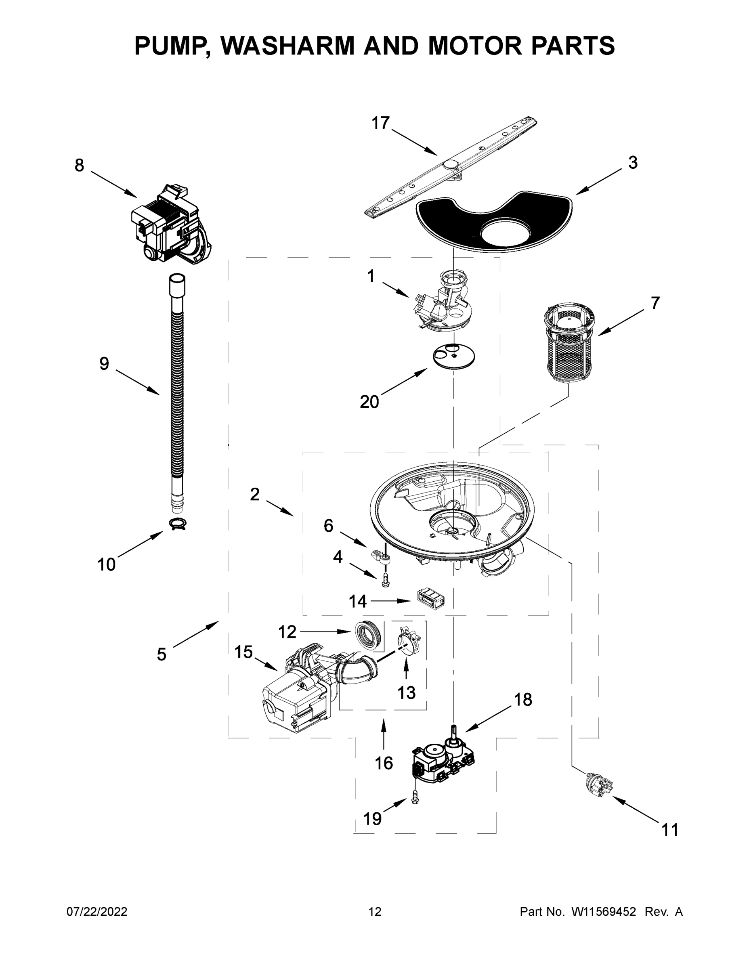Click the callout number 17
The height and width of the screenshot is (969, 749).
380,123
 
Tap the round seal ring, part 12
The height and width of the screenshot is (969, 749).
368,634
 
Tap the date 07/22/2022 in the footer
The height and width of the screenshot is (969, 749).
97,911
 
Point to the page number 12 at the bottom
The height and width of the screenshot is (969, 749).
375,911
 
